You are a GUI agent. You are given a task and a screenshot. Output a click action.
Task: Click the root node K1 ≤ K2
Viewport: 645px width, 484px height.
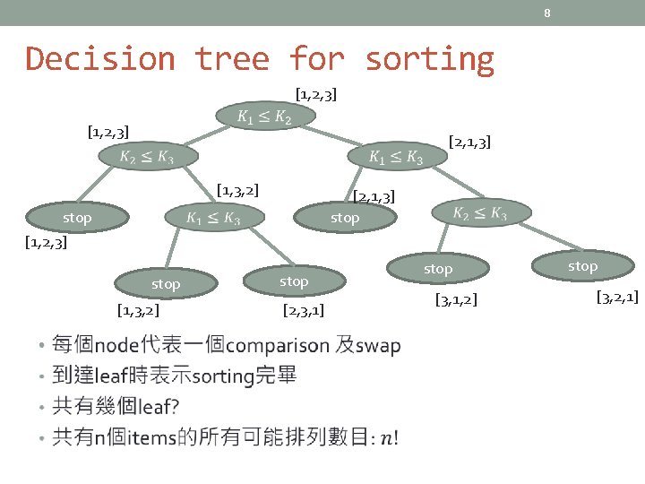click(x=264, y=117)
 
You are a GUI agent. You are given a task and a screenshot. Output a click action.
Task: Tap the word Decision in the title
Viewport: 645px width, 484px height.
click(x=100, y=59)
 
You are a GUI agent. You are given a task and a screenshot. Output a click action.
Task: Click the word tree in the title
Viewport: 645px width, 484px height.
click(x=232, y=59)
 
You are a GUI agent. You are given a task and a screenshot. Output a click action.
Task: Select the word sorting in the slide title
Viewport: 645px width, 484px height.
click(x=429, y=59)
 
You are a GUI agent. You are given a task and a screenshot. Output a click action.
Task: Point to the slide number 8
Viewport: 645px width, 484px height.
click(x=546, y=13)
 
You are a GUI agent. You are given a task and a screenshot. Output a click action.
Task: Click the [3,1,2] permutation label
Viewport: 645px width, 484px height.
click(x=456, y=299)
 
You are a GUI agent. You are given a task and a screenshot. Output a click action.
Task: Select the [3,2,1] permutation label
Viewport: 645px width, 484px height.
click(x=617, y=297)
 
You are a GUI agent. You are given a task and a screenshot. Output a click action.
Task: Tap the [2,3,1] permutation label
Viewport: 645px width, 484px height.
click(x=303, y=312)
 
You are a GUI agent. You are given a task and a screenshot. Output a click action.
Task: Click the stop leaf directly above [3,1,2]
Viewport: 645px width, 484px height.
click(x=438, y=269)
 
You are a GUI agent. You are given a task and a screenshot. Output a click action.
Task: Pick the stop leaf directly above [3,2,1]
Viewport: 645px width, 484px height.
click(x=582, y=266)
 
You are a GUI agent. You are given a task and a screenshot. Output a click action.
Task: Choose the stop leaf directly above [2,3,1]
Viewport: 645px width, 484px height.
click(x=294, y=281)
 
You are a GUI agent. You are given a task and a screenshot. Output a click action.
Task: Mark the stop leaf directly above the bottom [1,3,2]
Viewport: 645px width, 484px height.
click(x=166, y=284)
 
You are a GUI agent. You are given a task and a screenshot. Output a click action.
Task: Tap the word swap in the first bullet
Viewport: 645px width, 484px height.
click(x=379, y=346)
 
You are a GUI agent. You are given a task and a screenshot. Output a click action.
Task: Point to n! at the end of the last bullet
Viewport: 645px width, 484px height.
click(x=390, y=437)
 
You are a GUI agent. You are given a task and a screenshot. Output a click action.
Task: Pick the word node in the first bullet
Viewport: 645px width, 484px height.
click(x=114, y=346)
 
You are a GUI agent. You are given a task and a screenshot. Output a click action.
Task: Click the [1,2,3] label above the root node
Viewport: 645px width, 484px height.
click(x=316, y=93)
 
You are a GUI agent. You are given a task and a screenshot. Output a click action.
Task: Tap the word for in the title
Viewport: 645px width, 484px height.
click(x=317, y=59)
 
